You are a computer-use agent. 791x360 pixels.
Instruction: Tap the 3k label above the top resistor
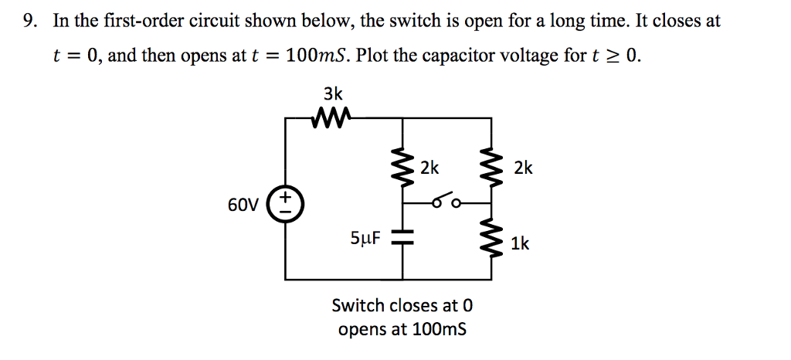[332, 94]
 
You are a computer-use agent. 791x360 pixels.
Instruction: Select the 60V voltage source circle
[286, 205]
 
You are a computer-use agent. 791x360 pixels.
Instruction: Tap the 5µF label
[366, 239]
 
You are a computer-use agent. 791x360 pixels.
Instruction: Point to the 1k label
[520, 244]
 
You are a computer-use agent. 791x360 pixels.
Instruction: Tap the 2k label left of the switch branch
[429, 168]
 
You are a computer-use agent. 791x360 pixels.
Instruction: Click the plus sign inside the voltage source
[286, 199]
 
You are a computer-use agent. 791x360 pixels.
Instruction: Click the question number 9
[29, 22]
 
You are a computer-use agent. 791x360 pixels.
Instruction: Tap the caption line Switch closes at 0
[401, 305]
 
